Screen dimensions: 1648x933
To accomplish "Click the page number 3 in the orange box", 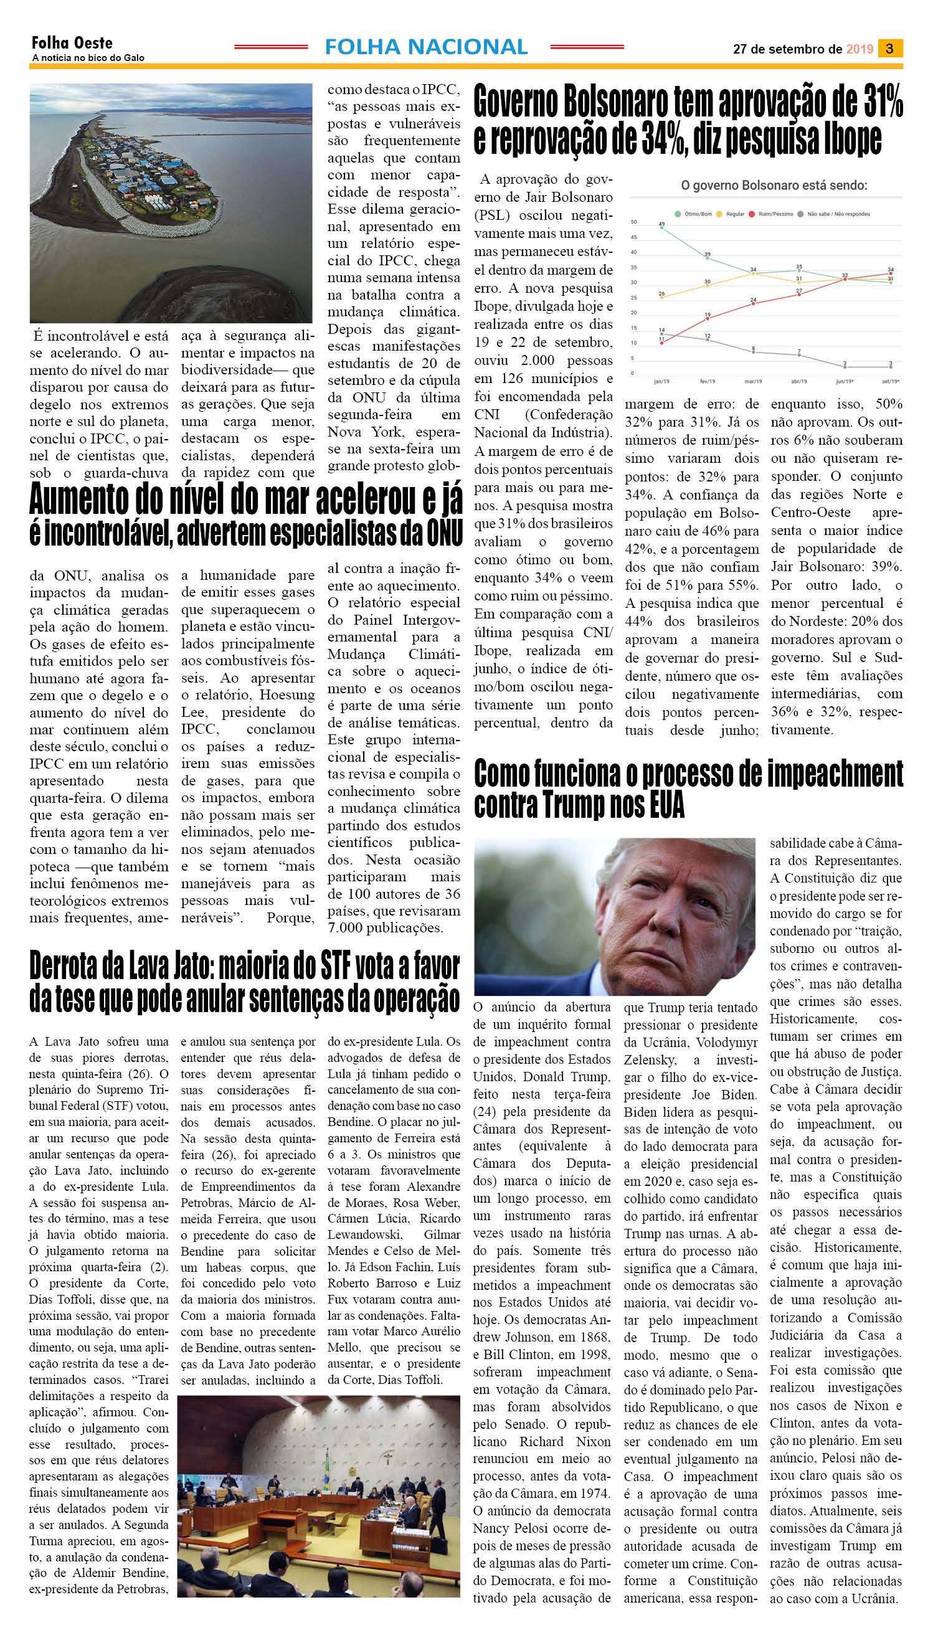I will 889,49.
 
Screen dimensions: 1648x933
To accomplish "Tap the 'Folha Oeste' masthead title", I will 72,43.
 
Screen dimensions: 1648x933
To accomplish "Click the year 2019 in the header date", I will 860,49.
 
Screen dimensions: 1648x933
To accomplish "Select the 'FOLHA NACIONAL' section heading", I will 426,47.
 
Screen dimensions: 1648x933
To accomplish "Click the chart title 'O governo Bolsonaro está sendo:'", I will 774,186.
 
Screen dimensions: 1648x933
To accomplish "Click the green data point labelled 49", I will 661,228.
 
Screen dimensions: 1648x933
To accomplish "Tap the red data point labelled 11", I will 661,343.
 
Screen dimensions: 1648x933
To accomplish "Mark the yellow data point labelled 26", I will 661,297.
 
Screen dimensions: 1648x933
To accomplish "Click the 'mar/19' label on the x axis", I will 753,381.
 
